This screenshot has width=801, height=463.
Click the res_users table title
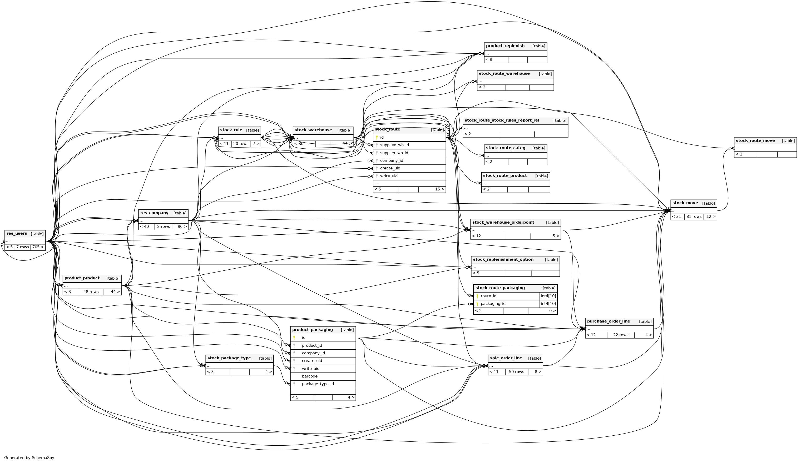point(17,234)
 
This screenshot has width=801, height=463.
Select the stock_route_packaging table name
point(500,288)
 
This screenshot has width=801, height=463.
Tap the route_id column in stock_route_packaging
point(488,296)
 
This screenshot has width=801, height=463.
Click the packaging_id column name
point(493,304)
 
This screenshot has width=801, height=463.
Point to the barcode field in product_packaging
point(310,376)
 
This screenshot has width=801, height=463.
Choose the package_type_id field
point(318,384)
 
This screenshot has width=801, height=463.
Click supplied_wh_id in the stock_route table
point(394,145)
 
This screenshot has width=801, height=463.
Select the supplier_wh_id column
point(394,153)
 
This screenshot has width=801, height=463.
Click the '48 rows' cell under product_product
point(91,292)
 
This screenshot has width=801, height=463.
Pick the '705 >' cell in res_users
point(38,247)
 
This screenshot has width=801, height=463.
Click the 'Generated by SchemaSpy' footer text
point(29,457)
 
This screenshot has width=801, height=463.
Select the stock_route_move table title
point(755,141)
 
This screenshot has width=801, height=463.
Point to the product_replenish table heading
point(505,46)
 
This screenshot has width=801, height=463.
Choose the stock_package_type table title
point(229,358)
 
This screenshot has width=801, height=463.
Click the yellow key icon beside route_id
point(477,296)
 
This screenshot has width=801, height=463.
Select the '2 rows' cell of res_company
point(163,227)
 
